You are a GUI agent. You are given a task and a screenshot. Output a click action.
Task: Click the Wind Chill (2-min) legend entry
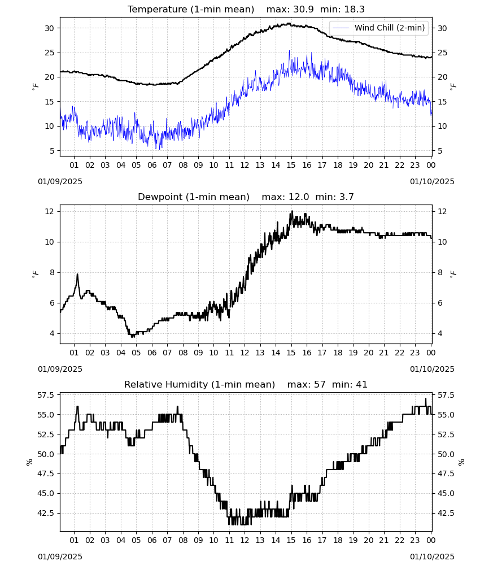click(379, 28)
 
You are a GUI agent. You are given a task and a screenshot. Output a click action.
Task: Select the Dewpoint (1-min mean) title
click(194, 197)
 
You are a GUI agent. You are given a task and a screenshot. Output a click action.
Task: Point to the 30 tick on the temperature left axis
click(49, 28)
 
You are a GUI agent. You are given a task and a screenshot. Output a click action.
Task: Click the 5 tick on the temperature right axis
click(440, 151)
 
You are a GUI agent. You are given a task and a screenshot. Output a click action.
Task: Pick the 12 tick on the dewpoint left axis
click(49, 211)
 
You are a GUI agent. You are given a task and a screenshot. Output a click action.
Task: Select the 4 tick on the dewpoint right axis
click(440, 334)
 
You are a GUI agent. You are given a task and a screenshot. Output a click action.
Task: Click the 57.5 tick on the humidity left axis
click(46, 395)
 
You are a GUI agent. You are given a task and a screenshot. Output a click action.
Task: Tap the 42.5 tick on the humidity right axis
click(446, 513)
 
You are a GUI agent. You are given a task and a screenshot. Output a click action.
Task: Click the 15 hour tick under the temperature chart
click(291, 165)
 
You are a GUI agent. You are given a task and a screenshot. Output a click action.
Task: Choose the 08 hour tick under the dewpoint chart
click(183, 353)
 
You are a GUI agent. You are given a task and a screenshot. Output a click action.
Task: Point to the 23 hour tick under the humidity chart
click(415, 540)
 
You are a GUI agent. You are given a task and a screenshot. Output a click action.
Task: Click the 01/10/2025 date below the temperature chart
click(432, 181)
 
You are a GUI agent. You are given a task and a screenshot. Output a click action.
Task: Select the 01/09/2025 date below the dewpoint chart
click(60, 369)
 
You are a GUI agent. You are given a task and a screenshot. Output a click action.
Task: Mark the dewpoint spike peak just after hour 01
click(77, 274)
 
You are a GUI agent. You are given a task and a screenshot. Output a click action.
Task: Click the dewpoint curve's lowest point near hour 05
click(133, 337)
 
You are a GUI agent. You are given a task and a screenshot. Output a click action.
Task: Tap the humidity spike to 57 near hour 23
click(426, 398)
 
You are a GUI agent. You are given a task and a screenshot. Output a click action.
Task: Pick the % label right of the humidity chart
click(461, 462)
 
